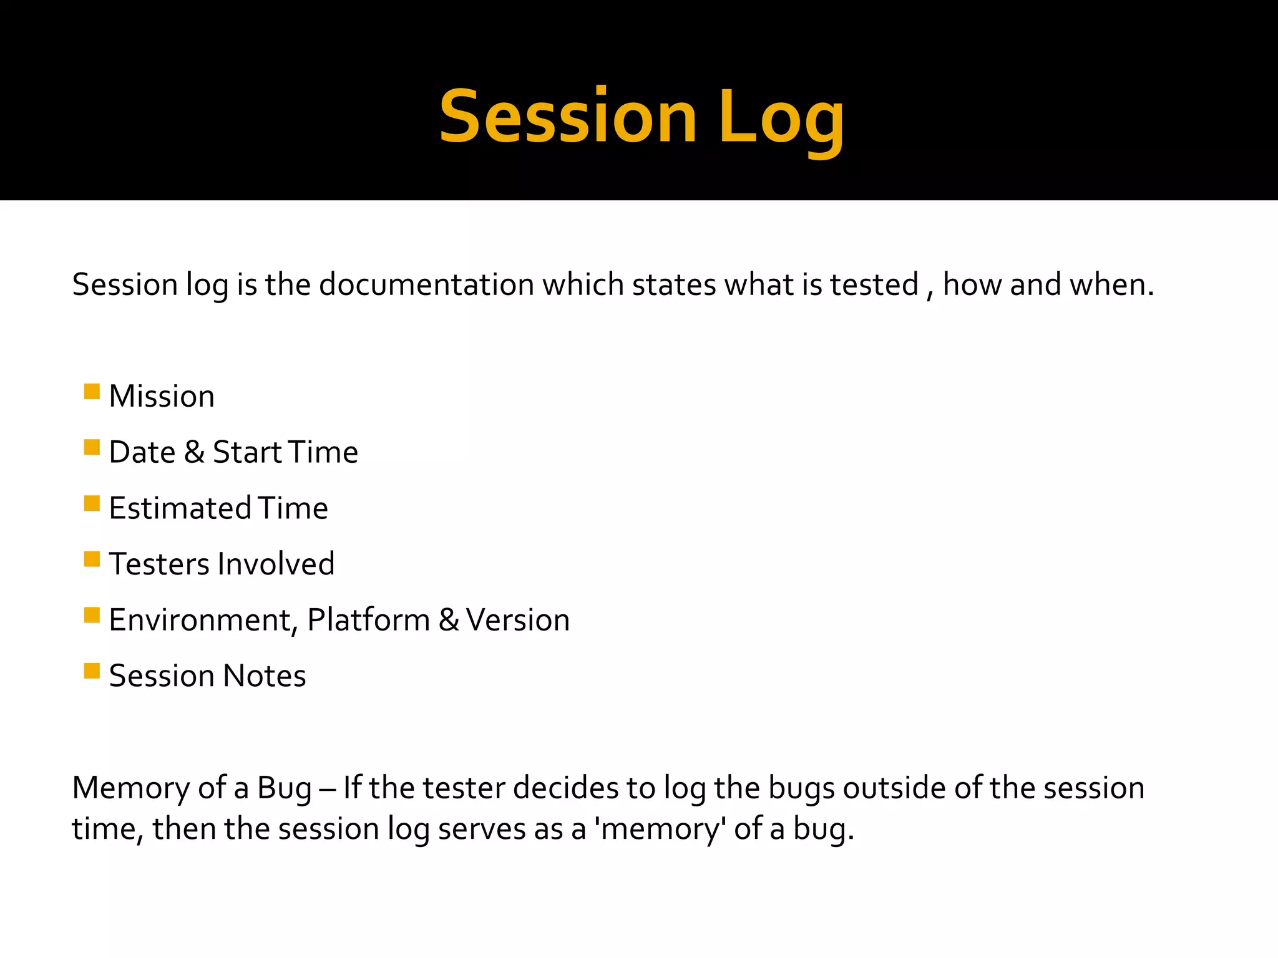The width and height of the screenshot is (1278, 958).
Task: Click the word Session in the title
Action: [x=567, y=117]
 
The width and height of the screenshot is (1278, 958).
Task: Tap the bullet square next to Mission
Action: [x=92, y=392]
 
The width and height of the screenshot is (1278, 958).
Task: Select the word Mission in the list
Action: [x=162, y=397]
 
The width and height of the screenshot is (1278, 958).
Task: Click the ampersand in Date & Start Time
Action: [x=194, y=452]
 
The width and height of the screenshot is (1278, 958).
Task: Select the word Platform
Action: [x=368, y=621]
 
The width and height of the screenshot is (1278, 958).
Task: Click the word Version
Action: [x=517, y=621]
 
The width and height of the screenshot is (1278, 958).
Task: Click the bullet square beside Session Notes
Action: [x=92, y=671]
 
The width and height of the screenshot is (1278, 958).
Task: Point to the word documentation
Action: [x=427, y=285]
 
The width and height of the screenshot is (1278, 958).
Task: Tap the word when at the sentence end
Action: [x=1110, y=285]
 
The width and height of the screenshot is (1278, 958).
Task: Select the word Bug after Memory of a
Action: [x=284, y=788]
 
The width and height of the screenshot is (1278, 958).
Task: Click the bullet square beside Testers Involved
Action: [x=92, y=559]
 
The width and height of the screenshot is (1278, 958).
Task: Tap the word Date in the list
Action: [x=142, y=452]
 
